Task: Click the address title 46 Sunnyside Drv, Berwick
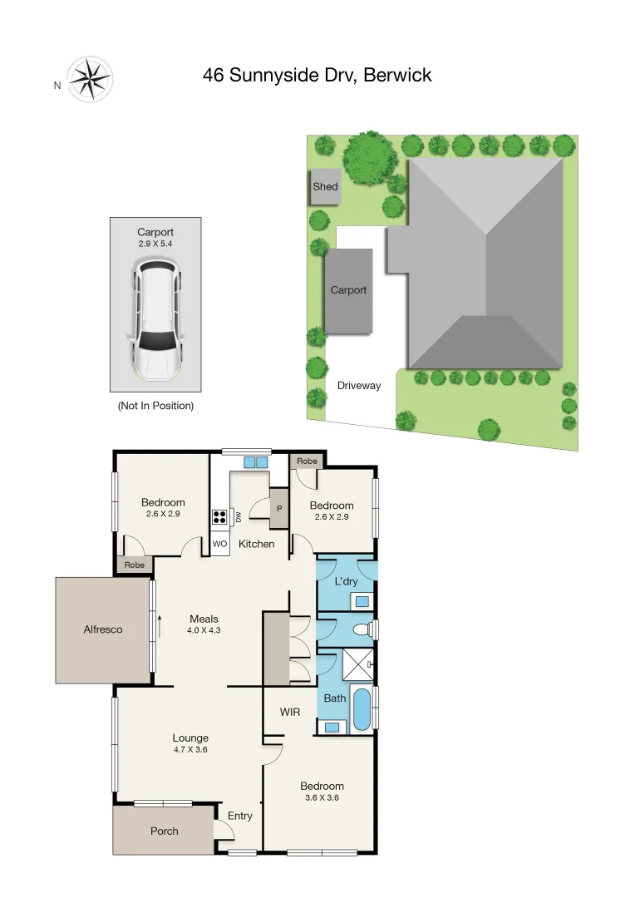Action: coord(317,76)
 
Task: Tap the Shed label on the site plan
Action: coord(325,187)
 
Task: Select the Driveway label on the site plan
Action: coord(359,386)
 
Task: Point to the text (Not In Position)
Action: coord(155,406)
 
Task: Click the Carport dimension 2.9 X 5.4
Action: coord(156,244)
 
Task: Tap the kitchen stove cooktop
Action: coord(220,517)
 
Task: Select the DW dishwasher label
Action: coord(238,517)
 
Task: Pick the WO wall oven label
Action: coord(220,544)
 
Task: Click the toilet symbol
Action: coord(362,630)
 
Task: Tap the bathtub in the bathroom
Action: coord(362,710)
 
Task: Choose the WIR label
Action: coord(290,712)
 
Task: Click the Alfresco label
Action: coord(103,629)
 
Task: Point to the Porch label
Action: coord(164,831)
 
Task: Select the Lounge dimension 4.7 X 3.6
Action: coord(190,749)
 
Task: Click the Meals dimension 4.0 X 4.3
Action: coord(204,629)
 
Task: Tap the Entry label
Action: coord(240,816)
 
